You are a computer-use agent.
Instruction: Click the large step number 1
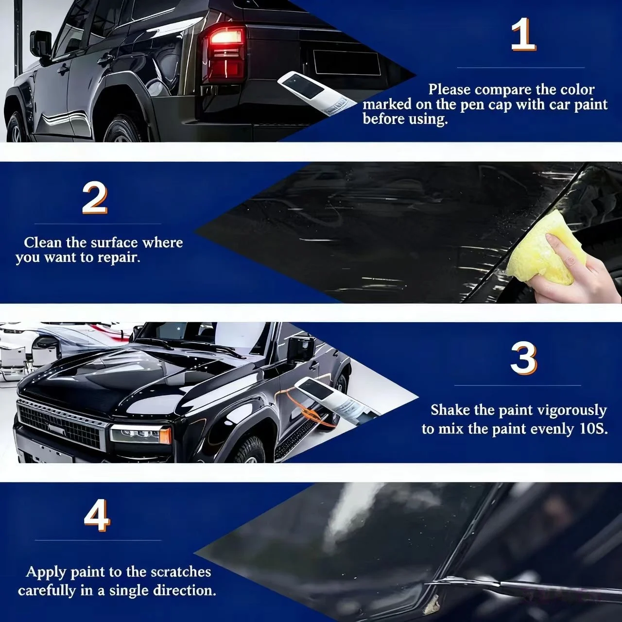tap(522, 34)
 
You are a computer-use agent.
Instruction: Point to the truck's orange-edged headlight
tap(141, 434)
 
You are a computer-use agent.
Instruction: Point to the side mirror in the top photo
tap(41, 44)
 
